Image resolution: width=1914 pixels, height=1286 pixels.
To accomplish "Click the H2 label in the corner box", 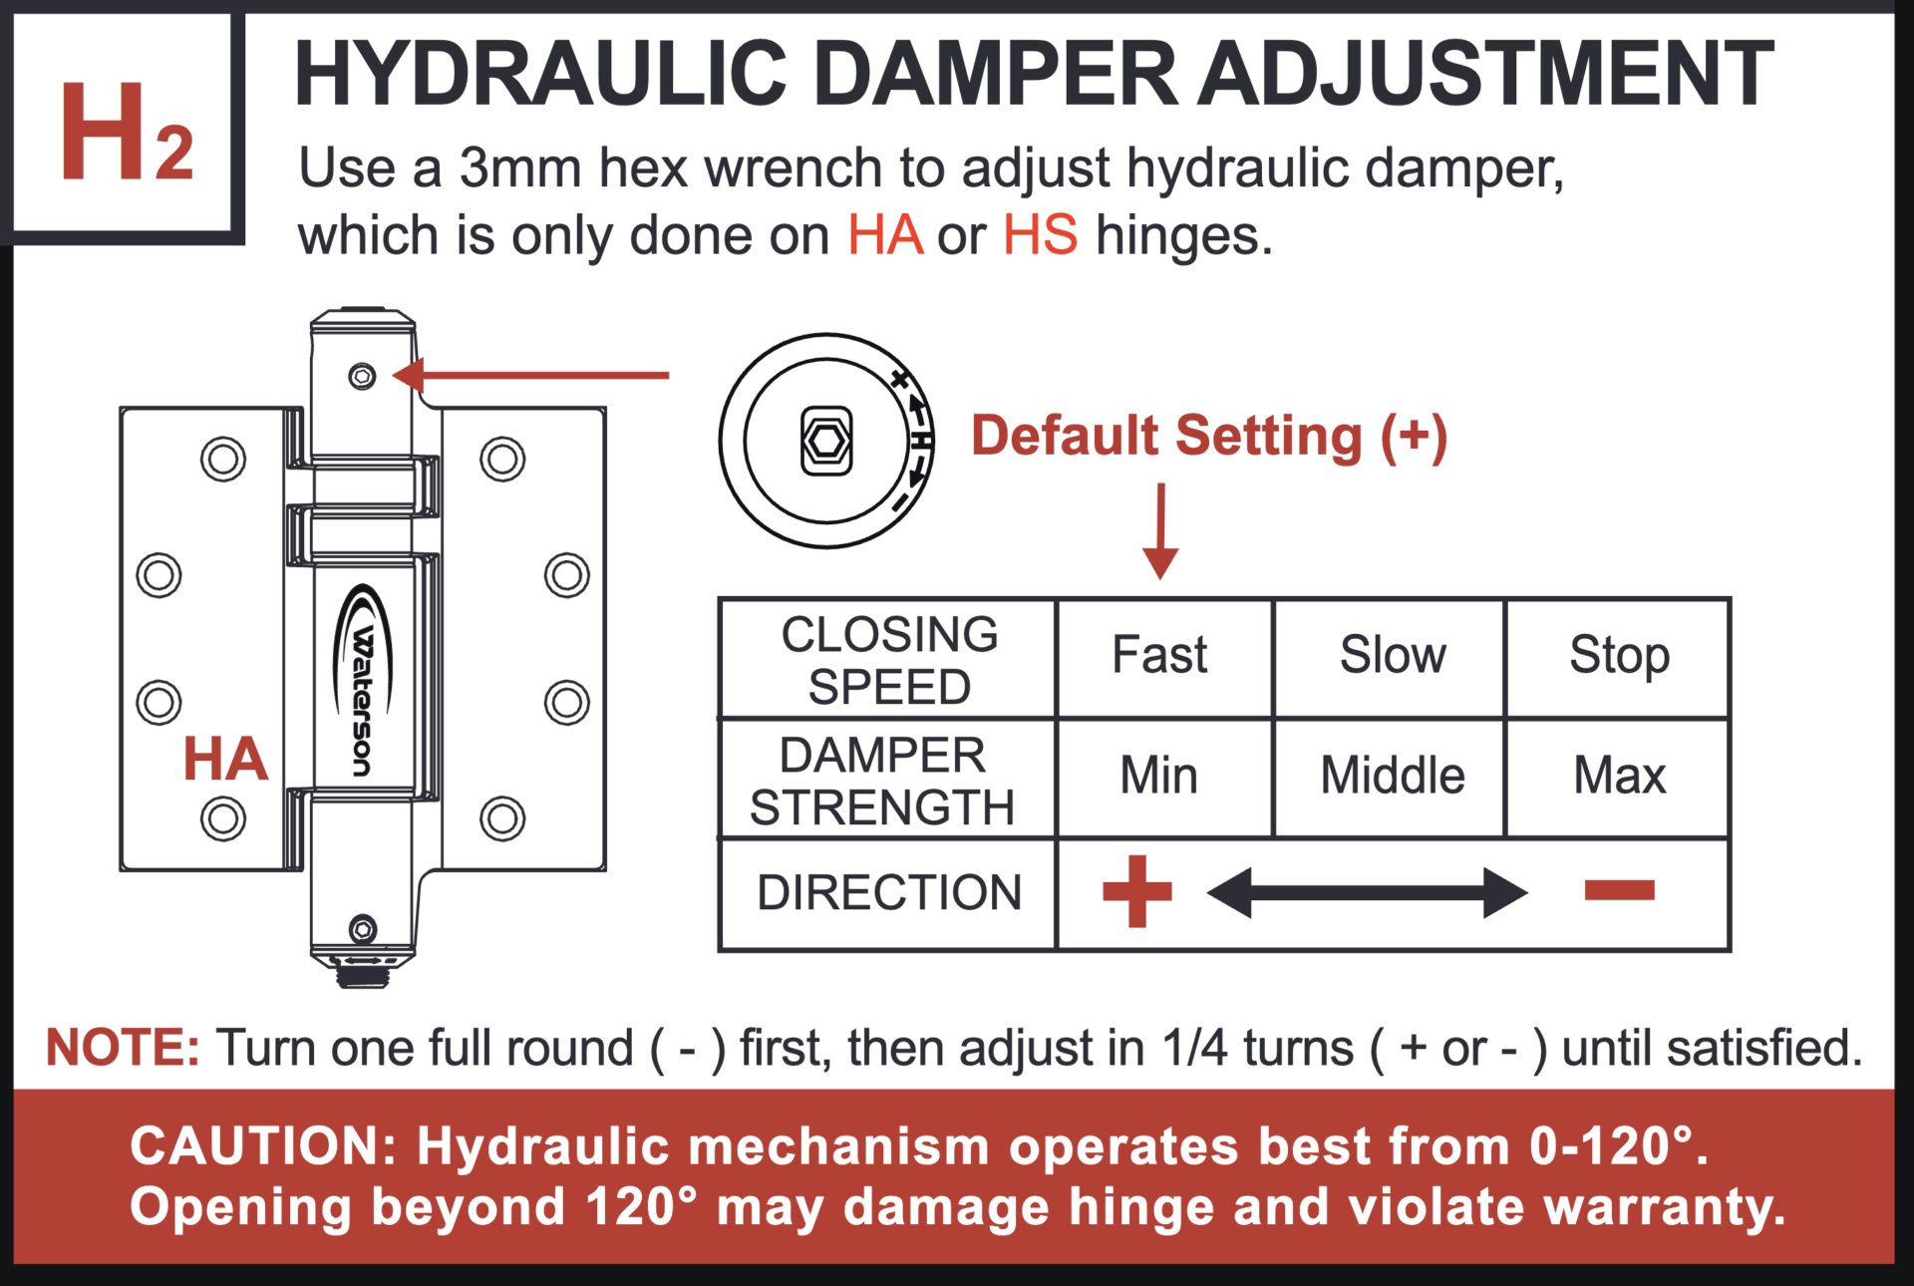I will pyautogui.click(x=127, y=133).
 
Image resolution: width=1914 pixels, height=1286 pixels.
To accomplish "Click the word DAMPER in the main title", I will pyautogui.click(x=995, y=74).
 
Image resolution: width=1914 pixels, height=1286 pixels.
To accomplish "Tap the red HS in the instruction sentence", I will pyautogui.click(x=1040, y=236).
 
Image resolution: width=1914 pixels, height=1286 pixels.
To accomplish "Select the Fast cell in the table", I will pyautogui.click(x=1159, y=656).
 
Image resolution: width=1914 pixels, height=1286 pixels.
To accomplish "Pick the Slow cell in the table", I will pyautogui.click(x=1392, y=656).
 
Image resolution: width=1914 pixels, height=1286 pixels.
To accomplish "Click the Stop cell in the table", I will pyautogui.click(x=1619, y=656).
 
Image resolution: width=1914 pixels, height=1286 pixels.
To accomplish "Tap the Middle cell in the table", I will pyautogui.click(x=1392, y=776).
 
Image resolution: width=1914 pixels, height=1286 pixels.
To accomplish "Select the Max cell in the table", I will pyautogui.click(x=1619, y=776).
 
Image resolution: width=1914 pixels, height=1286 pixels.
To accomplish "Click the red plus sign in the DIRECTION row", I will pyautogui.click(x=1136, y=891).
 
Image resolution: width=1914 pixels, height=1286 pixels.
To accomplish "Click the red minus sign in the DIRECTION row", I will pyautogui.click(x=1619, y=890).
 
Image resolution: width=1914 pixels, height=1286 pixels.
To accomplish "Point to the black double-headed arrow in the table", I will pyautogui.click(x=1367, y=892).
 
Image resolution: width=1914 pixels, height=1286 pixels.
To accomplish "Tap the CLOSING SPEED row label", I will pyautogui.click(x=888, y=660).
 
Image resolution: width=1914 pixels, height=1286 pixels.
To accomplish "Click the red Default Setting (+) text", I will pyautogui.click(x=1208, y=437).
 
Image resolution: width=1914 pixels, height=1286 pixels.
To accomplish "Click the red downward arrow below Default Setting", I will pyautogui.click(x=1160, y=532).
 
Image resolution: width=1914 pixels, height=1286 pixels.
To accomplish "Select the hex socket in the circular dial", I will pyautogui.click(x=826, y=441).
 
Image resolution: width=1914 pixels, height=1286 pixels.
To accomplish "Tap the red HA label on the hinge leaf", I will pyautogui.click(x=225, y=759).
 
